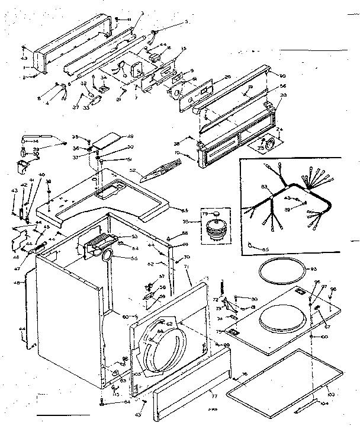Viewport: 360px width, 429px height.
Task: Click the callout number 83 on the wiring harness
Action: pyautogui.click(x=265, y=188)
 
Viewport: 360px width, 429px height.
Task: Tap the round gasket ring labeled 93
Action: pyautogui.click(x=283, y=270)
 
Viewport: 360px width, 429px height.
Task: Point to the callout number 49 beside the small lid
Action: pyautogui.click(x=130, y=136)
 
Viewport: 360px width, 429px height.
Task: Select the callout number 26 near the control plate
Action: pyautogui.click(x=228, y=78)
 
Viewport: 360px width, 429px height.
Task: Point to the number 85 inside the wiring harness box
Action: pyautogui.click(x=265, y=249)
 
